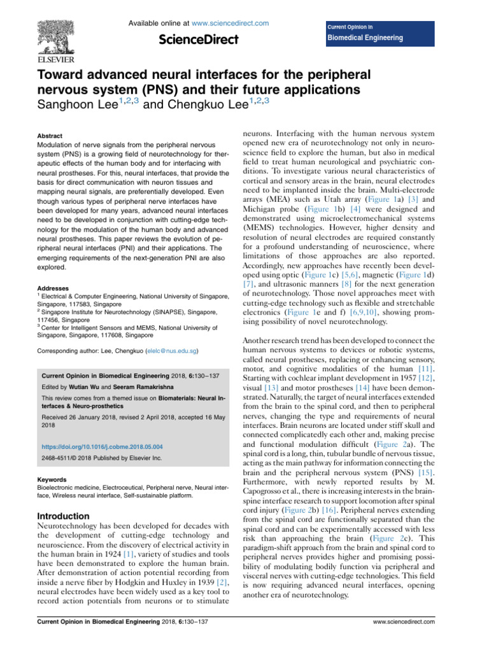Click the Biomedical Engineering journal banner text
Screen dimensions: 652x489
coord(365,38)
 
